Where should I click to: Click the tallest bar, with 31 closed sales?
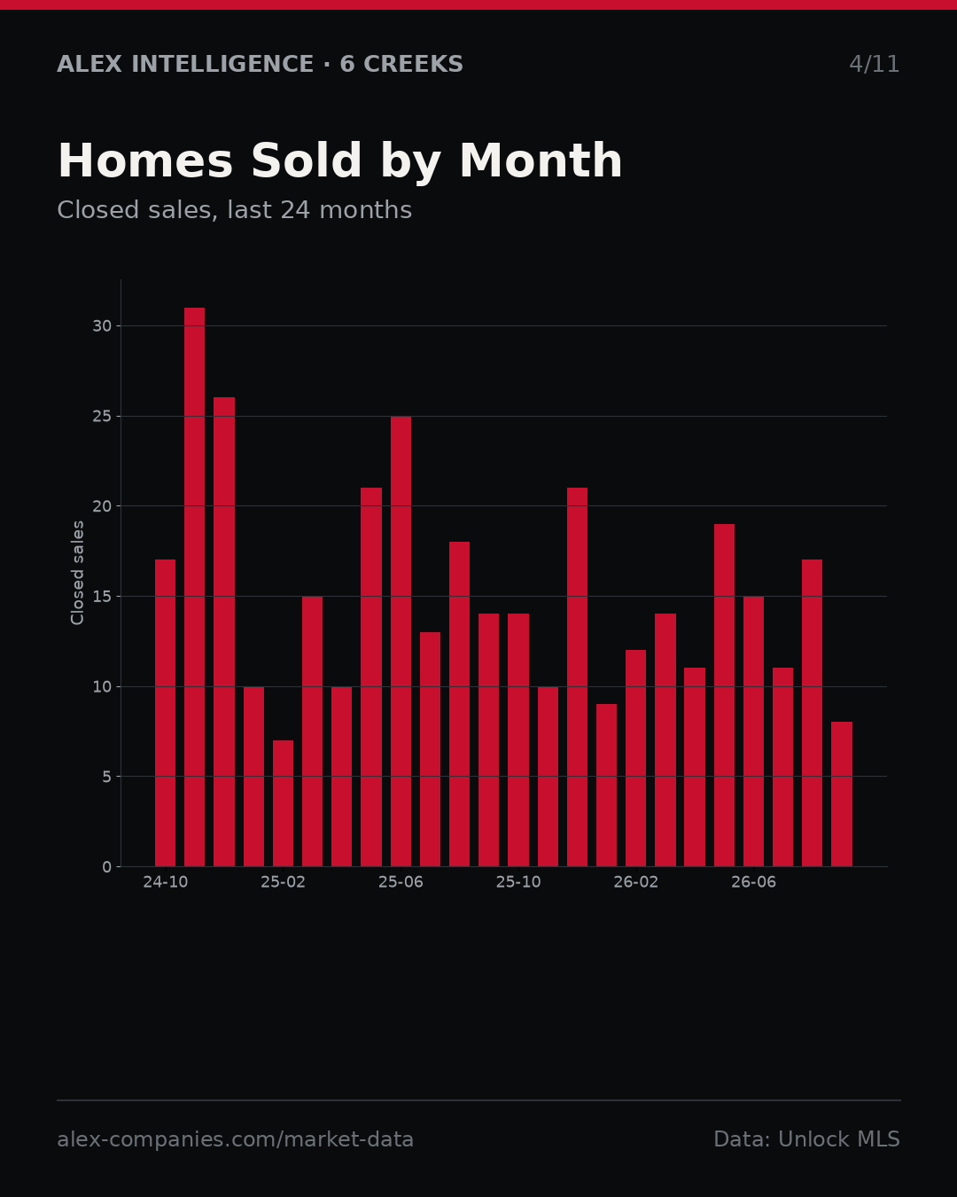coord(195,587)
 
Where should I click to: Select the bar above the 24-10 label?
coord(165,713)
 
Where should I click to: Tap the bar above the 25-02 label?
coord(283,803)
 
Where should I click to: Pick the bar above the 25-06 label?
coord(401,641)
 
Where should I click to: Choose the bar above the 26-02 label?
coord(635,758)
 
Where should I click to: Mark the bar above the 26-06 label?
coord(753,731)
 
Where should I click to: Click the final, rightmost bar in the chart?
coord(842,794)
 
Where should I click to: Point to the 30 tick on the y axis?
coord(102,326)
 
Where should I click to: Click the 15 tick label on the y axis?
coord(102,596)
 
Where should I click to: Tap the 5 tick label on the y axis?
coord(106,777)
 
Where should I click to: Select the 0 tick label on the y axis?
coord(106,866)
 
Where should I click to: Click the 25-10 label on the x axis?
coord(518,882)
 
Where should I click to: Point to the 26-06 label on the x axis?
coord(753,882)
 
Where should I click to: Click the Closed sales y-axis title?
coord(77,573)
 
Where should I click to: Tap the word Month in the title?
coord(541,160)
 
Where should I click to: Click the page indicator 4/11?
coord(874,65)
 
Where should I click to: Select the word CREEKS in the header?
coord(413,64)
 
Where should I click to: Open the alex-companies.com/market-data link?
coord(235,1139)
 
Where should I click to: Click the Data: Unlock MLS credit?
coord(807,1139)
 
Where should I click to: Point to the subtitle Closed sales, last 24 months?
coord(235,210)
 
